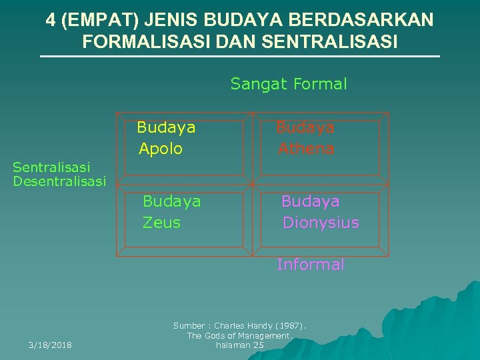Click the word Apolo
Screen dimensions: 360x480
click(160, 149)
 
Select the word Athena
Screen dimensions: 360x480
click(306, 149)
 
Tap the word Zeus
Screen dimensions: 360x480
click(161, 223)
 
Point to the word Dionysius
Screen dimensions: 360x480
click(321, 223)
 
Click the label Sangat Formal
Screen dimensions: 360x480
click(289, 84)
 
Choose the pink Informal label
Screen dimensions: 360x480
click(311, 265)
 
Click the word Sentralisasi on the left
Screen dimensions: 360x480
click(51, 167)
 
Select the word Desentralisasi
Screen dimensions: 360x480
click(59, 181)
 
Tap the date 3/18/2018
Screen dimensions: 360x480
click(51, 345)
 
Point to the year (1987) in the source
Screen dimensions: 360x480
click(291, 326)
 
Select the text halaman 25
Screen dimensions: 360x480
click(240, 345)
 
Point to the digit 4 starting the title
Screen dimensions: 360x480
click(51, 20)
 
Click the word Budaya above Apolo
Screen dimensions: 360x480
click(166, 127)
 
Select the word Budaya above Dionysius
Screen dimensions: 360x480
click(310, 201)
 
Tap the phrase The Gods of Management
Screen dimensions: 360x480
click(239, 336)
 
